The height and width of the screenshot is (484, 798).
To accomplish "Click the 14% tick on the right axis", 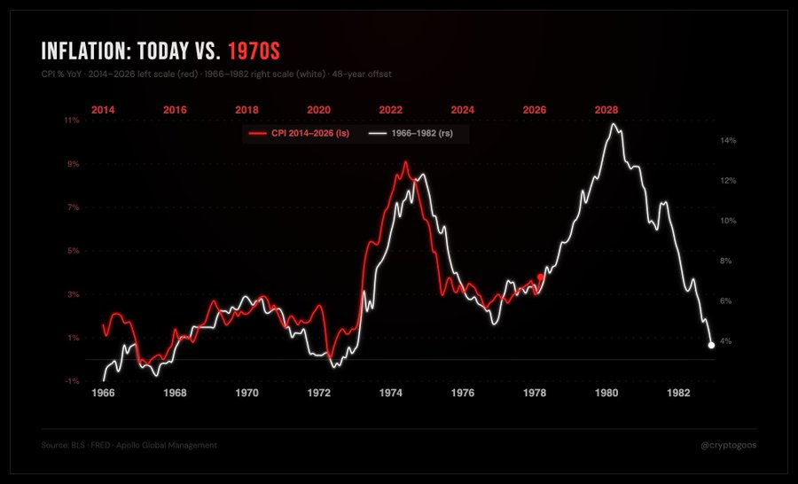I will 729,140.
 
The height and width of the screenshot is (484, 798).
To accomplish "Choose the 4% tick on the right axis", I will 725,341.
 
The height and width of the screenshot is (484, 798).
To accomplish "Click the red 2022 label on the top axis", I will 391,110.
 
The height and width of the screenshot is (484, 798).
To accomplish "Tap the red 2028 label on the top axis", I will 606,110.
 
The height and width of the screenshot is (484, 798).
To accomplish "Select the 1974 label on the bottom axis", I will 391,392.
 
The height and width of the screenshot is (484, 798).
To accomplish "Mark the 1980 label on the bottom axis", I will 606,392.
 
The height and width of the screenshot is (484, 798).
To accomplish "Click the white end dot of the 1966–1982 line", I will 711,345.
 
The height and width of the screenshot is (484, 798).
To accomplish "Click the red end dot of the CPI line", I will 541,277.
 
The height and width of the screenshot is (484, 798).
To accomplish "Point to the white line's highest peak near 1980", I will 612,124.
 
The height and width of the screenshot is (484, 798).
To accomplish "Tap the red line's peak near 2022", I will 405,162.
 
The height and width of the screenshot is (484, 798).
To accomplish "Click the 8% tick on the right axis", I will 725,261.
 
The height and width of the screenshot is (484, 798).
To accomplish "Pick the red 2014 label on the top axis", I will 103,110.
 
